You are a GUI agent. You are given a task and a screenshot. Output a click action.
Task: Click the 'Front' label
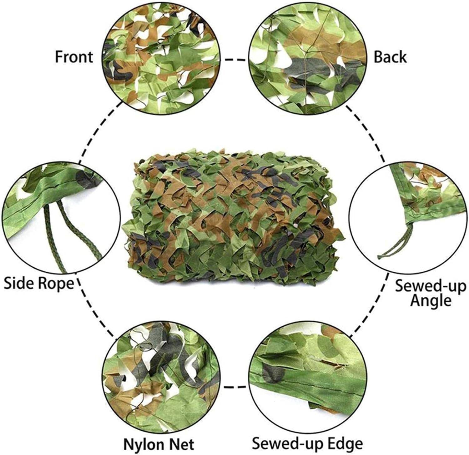tap(74, 57)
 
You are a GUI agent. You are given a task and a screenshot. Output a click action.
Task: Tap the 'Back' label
tap(390, 57)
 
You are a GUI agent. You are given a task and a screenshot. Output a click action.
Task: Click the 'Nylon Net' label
tap(159, 444)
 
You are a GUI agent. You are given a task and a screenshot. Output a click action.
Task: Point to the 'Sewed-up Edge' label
tap(308, 443)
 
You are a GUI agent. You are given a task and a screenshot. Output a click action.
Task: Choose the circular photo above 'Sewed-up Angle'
tap(408, 220)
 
